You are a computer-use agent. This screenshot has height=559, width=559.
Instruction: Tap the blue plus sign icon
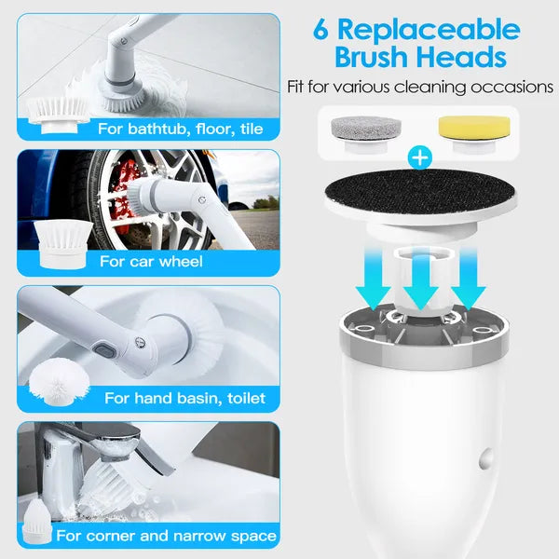(420, 157)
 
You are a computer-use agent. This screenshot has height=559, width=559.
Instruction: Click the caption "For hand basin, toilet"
(184, 398)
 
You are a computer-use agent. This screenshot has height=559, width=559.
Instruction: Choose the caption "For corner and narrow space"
(166, 536)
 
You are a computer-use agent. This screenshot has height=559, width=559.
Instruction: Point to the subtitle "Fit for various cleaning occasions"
(419, 87)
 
